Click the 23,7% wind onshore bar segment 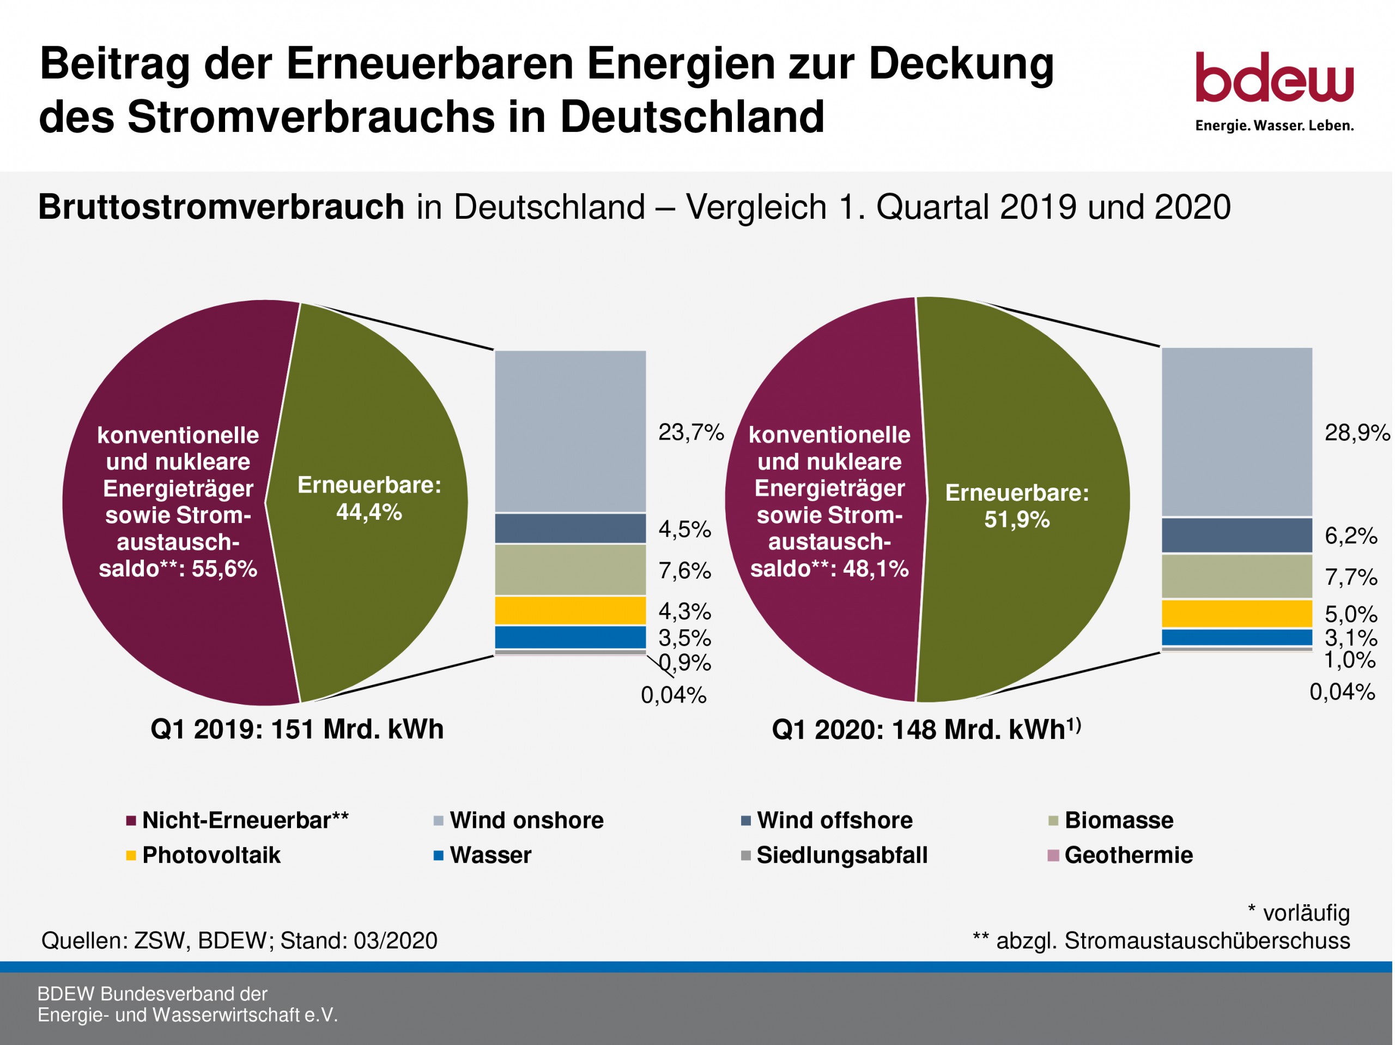[x=570, y=431]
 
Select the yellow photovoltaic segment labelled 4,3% [x=570, y=610]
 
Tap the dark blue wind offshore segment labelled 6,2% [x=1237, y=535]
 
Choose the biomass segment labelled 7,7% [x=1237, y=576]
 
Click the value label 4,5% [x=685, y=530]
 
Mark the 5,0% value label [x=1350, y=614]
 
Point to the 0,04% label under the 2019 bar [x=674, y=695]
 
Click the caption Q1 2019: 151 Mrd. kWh [x=297, y=729]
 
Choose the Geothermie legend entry [x=1127, y=855]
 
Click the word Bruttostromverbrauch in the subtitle [x=221, y=207]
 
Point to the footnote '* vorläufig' [x=1299, y=913]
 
